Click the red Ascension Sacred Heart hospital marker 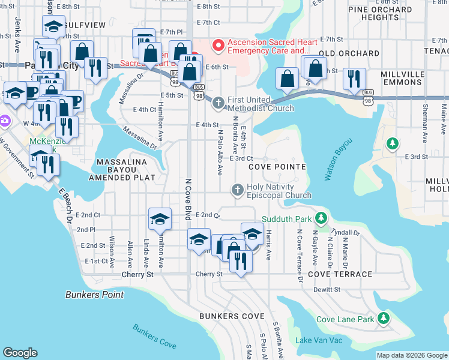click(x=217, y=44)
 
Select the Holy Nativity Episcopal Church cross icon click(x=237, y=190)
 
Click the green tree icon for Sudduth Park click(x=322, y=218)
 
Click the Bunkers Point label click(x=94, y=295)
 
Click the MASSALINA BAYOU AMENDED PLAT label click(x=122, y=170)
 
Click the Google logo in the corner click(x=20, y=353)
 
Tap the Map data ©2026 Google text click(x=412, y=355)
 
